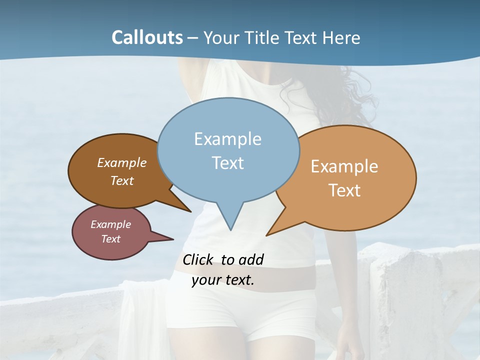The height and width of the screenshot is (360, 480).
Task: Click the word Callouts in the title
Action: (147, 38)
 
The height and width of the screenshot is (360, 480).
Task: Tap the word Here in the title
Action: (342, 38)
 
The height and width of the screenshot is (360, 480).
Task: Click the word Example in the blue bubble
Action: (227, 139)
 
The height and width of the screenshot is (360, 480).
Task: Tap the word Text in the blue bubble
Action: (228, 163)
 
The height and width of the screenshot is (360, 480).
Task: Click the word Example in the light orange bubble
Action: (344, 166)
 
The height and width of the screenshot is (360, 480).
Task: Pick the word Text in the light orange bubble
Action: (344, 190)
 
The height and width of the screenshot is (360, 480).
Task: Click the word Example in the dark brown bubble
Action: (122, 163)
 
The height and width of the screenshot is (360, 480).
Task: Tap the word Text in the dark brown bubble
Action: (122, 180)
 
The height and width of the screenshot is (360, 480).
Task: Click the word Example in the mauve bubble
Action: (110, 224)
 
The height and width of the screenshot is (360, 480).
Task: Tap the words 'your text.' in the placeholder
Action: (223, 280)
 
